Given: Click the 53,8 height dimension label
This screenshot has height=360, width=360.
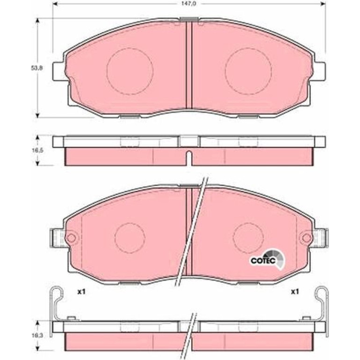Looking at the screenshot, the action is (37, 68).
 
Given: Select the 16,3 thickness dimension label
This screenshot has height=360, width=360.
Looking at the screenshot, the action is (37, 335).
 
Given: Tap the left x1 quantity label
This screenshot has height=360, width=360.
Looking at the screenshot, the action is (81, 292).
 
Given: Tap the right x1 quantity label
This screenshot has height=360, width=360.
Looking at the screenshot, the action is (295, 292).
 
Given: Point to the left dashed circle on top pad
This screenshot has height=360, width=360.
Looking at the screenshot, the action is (130, 48).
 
